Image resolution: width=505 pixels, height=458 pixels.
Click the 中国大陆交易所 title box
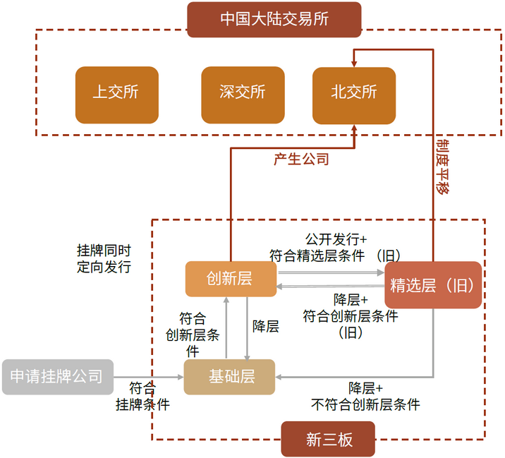[274, 19]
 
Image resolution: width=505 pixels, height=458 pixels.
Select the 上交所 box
[117, 95]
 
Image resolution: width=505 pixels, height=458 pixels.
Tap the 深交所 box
[243, 95]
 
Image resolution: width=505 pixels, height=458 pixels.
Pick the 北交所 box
[354, 96]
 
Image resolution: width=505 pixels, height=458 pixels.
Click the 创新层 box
[231, 279]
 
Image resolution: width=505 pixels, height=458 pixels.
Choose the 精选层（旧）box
[433, 285]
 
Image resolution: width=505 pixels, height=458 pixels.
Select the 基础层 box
[229, 377]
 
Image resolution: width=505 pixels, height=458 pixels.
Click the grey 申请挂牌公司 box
[58, 377]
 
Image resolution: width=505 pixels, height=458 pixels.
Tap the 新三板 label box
[328, 439]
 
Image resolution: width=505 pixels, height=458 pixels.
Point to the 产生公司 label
[301, 159]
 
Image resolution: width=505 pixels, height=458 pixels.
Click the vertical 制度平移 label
[443, 167]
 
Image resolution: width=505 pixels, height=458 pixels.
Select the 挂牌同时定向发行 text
[104, 259]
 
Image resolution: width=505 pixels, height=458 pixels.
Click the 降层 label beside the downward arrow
[266, 326]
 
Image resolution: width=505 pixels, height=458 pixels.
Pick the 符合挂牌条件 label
[142, 397]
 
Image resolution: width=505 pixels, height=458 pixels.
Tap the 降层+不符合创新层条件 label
[365, 397]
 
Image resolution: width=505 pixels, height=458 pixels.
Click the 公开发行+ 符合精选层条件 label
[335, 248]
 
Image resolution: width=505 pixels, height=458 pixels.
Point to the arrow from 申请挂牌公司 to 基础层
[149, 377]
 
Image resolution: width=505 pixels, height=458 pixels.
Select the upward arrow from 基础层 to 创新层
[226, 327]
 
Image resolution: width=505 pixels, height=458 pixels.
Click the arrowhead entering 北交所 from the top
[354, 64]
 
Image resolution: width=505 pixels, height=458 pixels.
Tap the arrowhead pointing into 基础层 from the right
[279, 377]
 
